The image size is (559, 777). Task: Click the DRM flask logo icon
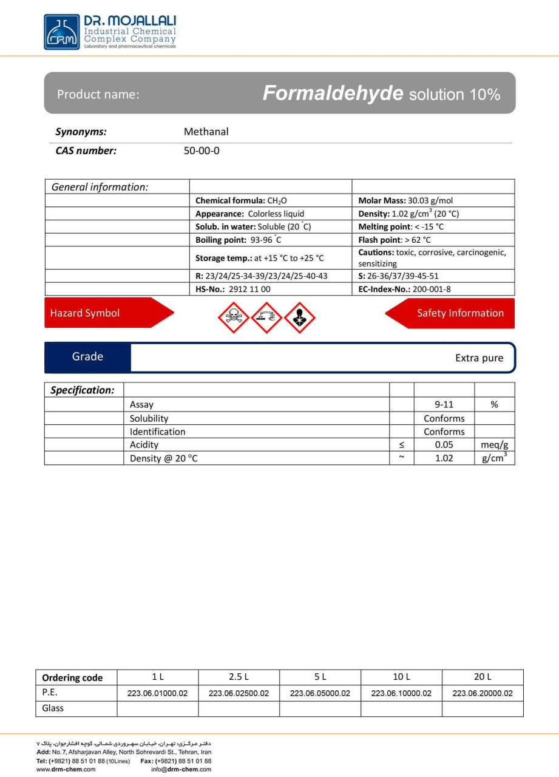click(61, 32)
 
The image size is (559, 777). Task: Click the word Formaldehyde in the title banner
click(333, 93)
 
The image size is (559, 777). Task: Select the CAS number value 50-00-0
click(202, 151)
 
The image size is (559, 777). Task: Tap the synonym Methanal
click(206, 132)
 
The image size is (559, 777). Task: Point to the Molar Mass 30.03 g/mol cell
click(405, 200)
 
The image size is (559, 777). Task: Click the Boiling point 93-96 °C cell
click(239, 240)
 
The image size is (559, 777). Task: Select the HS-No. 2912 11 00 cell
click(233, 290)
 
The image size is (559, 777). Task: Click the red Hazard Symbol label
click(85, 313)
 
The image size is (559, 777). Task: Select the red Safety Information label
click(460, 313)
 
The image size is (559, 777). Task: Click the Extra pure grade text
click(479, 358)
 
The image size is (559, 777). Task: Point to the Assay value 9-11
click(444, 404)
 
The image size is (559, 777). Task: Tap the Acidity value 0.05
click(444, 445)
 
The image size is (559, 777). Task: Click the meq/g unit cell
click(494, 445)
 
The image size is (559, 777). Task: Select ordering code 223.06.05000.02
click(320, 693)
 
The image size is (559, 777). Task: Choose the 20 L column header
click(483, 677)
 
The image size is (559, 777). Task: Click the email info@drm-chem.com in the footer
click(181, 769)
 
